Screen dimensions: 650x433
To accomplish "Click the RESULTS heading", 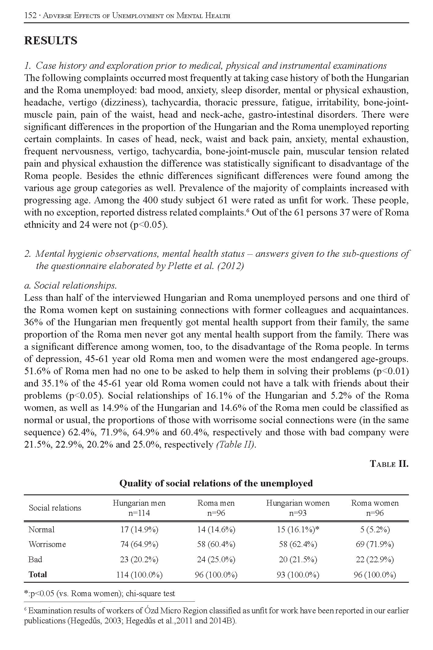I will click(51, 41).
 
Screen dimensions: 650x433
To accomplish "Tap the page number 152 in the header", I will click(30, 16).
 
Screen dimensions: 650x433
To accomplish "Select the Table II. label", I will click(389, 464).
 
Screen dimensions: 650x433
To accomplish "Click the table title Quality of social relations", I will click(216, 483).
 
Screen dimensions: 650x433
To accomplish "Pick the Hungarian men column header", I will click(139, 508).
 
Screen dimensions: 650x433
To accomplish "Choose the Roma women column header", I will click(375, 508).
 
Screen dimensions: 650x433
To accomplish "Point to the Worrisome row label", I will click(47, 544).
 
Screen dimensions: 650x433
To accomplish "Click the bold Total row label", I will click(38, 574).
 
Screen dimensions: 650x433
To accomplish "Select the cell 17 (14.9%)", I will click(139, 530).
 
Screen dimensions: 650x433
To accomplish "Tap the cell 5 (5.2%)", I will click(375, 530).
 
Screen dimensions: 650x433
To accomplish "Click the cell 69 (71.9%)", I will click(375, 544).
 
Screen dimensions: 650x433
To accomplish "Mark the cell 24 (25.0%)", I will click(216, 560).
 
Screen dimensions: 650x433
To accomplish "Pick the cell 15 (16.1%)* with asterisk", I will click(298, 530).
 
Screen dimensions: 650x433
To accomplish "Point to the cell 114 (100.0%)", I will click(139, 575).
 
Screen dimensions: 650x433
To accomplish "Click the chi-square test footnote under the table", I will click(100, 594).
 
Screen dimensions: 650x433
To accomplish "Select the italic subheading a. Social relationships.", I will click(71, 286).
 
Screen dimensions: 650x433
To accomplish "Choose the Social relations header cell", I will click(55, 508).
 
